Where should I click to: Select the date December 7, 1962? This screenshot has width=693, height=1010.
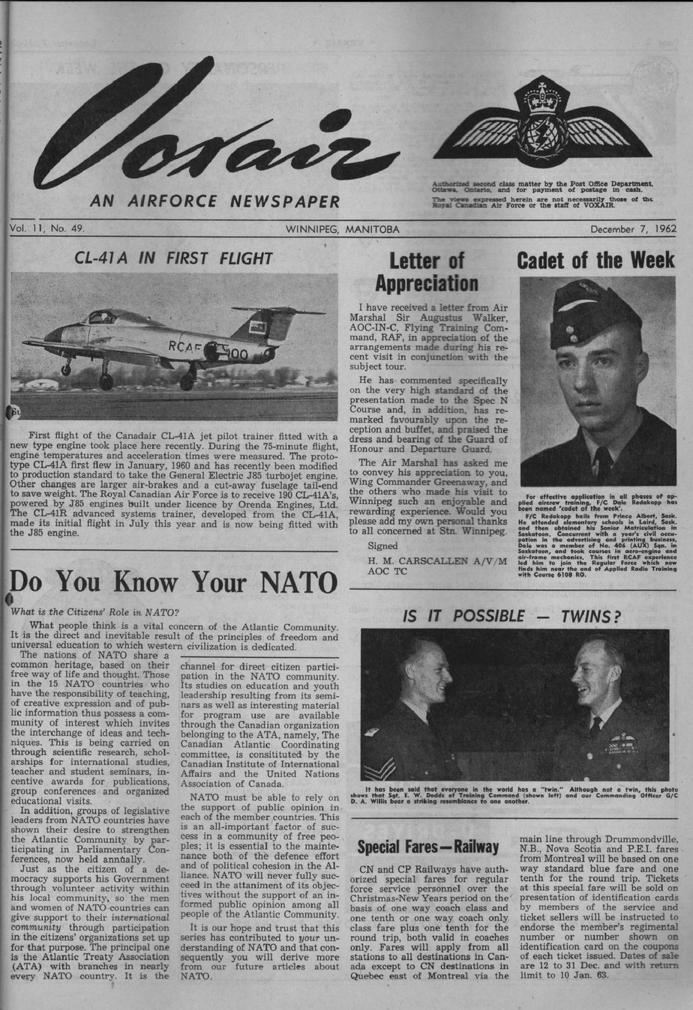pyautogui.click(x=633, y=229)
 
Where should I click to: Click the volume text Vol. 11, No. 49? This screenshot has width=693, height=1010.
pyautogui.click(x=48, y=229)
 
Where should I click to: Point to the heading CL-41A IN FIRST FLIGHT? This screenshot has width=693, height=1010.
pyautogui.click(x=173, y=258)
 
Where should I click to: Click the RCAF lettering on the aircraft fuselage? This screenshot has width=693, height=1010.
pyautogui.click(x=185, y=345)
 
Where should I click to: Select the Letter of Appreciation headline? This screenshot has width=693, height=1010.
pyautogui.click(x=426, y=273)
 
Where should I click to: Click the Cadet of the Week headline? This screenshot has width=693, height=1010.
pyautogui.click(x=595, y=261)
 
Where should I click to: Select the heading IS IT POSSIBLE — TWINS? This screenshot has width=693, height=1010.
pyautogui.click(x=511, y=616)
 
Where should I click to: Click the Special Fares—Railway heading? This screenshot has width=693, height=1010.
pyautogui.click(x=427, y=847)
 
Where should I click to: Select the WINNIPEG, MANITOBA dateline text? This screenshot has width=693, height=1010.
pyautogui.click(x=342, y=229)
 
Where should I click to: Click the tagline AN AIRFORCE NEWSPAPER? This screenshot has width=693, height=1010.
pyautogui.click(x=214, y=201)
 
